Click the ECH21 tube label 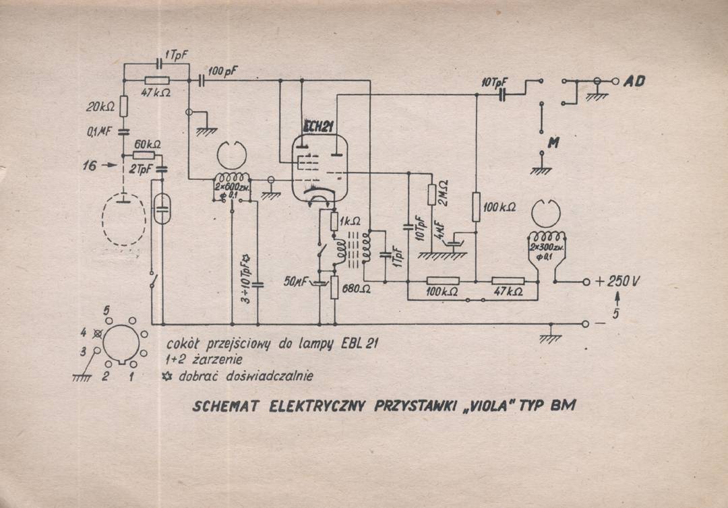click(x=320, y=125)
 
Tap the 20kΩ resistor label click(x=100, y=106)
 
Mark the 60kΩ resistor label click(x=148, y=145)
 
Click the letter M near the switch click(x=553, y=143)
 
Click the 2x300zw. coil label click(x=547, y=247)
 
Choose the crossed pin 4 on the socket click(x=99, y=331)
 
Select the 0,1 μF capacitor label click(x=98, y=132)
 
